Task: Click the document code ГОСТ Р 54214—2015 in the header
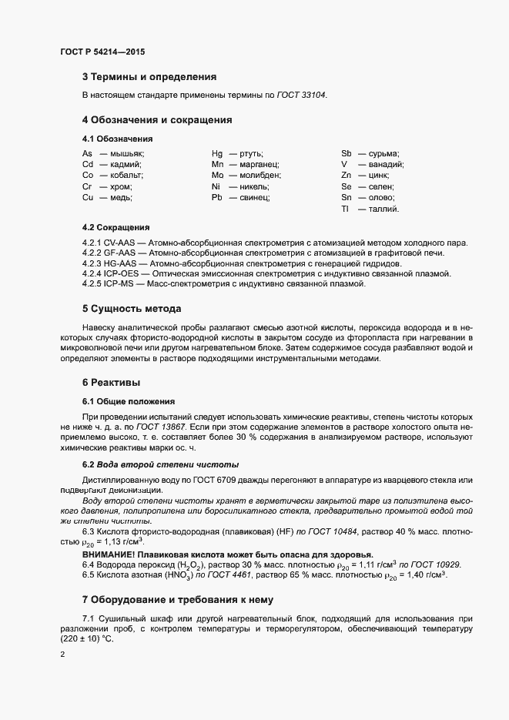(102, 52)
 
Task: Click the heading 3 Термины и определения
(149, 77)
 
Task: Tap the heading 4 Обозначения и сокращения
(157, 120)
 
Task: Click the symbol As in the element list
(87, 153)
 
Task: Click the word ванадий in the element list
(387, 164)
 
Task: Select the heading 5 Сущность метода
(132, 309)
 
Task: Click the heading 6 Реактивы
(111, 383)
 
